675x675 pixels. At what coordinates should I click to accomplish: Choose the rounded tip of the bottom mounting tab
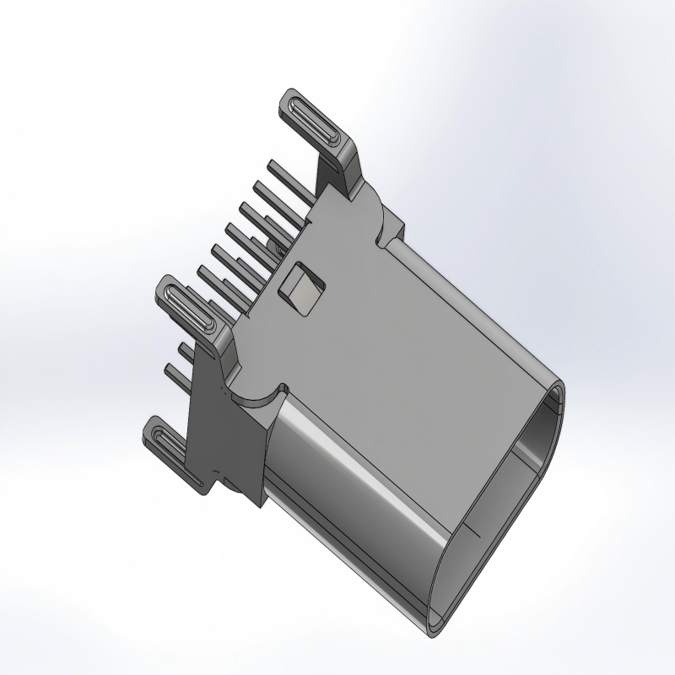(151, 427)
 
